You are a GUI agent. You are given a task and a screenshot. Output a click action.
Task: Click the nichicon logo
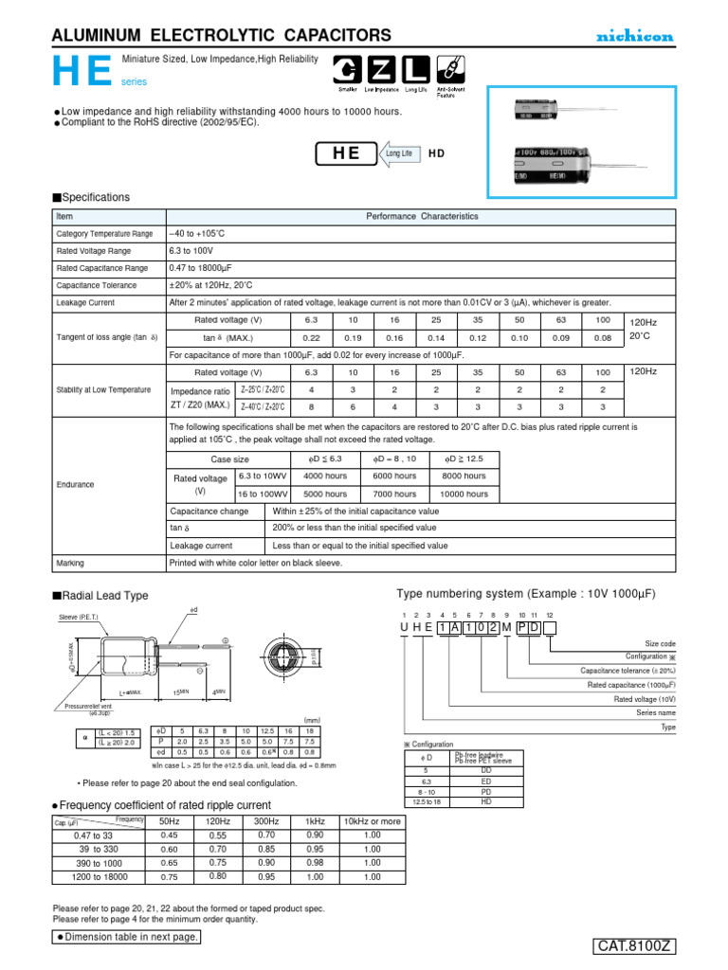[x=634, y=36]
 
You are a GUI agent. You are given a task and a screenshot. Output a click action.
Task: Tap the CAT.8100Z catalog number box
[x=634, y=946]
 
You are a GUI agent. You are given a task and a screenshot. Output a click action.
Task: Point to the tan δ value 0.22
[x=311, y=337]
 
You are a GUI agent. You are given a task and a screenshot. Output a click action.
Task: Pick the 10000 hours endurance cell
[x=464, y=494]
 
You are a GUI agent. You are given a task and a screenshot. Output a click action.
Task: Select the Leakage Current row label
[x=85, y=302]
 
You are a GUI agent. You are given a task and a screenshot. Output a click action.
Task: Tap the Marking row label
[x=70, y=562]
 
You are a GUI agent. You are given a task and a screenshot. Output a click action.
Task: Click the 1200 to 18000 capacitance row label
[x=99, y=876]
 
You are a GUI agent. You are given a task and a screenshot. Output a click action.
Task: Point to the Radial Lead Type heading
[x=104, y=596]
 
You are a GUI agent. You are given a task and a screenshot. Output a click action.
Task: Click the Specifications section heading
[x=94, y=197]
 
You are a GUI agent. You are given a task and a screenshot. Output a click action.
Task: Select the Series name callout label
[x=656, y=712]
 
